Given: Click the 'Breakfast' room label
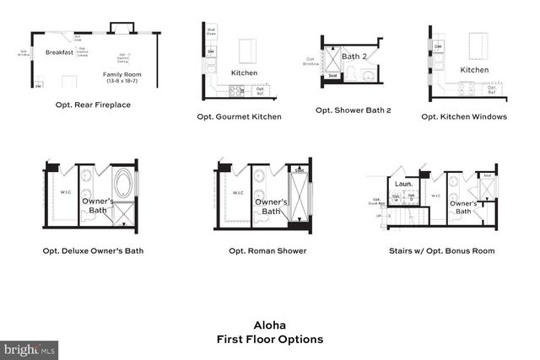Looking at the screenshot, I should tap(60, 52).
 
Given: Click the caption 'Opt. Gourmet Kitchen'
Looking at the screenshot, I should tap(239, 116).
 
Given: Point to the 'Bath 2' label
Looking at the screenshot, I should tap(354, 56).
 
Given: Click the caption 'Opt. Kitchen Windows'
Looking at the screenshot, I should tap(464, 116).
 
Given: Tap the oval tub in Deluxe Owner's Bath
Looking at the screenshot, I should tap(122, 183).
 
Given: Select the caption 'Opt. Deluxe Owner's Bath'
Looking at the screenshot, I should tap(94, 250).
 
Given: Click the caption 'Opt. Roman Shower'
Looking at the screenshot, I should tap(267, 250).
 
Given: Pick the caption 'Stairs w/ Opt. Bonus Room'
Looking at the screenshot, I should tap(441, 250).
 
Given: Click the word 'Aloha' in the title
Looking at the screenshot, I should tap(270, 325).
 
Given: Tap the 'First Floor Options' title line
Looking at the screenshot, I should tap(270, 340).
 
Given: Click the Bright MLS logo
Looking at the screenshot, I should tap(30, 347).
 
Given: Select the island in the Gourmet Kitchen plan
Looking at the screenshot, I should tap(247, 50).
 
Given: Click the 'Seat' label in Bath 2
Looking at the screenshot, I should tap(332, 76).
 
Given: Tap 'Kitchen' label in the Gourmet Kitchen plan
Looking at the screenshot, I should tap(244, 73).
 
